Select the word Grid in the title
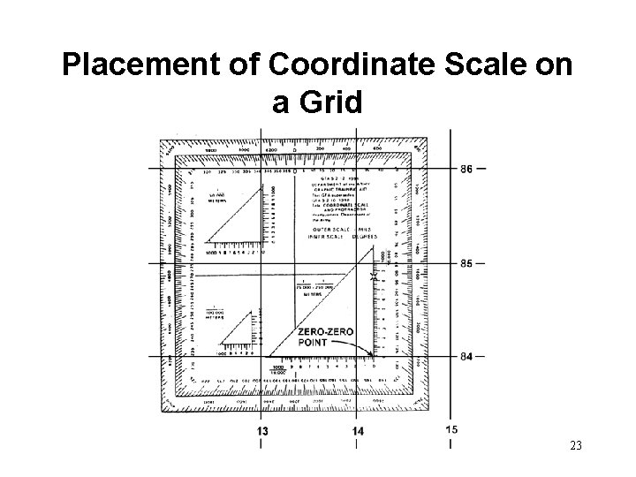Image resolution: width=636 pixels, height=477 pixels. [317, 103]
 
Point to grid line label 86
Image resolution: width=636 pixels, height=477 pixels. [467, 168]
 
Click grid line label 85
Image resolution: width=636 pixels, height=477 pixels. [467, 263]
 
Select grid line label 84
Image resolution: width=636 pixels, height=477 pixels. [467, 356]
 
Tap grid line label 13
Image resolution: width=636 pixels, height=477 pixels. [262, 430]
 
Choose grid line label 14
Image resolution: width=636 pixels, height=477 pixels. [357, 430]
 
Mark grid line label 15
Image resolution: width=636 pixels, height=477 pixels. [450, 429]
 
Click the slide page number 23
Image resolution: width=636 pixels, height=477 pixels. [576, 447]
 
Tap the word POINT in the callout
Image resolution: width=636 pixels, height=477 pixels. [314, 342]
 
